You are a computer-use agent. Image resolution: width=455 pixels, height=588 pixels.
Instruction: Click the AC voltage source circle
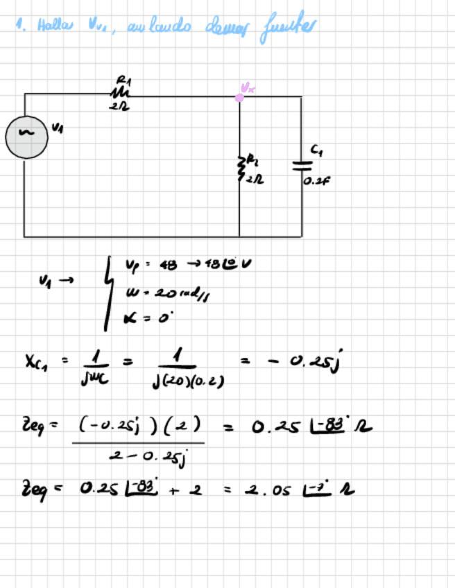[x=24, y=137]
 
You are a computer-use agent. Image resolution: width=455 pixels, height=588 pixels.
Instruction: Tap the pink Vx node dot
[x=239, y=97]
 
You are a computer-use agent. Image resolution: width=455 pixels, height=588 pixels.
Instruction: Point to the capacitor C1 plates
[x=300, y=164]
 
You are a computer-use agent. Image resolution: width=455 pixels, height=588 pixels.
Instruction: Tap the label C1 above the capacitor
[x=316, y=149]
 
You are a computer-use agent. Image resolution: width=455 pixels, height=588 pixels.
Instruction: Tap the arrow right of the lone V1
[x=67, y=279]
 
